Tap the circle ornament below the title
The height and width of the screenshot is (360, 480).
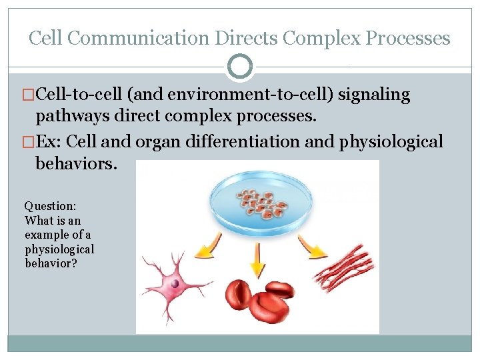240,67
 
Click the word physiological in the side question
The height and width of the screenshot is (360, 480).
59,249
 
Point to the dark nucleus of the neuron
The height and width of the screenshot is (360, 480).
175,283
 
